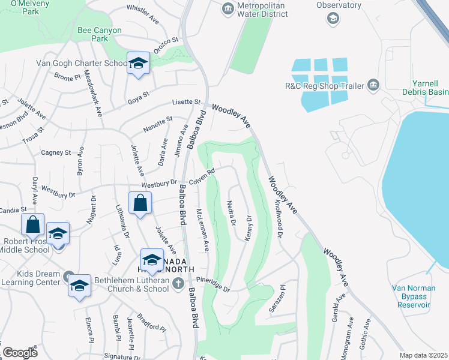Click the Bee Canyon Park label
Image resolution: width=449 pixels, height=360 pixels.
click(100, 34)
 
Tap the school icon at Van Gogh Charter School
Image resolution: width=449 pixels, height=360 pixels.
click(138, 62)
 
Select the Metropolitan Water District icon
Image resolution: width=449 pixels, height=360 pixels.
click(228, 8)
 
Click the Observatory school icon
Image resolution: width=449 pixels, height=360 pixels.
click(333, 19)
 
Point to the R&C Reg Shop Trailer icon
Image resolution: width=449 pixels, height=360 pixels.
click(373, 85)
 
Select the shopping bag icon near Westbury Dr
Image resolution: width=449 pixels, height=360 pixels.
click(140, 202)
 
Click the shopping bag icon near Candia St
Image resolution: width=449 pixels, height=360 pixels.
click(33, 224)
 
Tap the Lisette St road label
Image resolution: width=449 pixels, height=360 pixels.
click(187, 102)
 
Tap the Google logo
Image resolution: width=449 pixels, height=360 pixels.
click(20, 353)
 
